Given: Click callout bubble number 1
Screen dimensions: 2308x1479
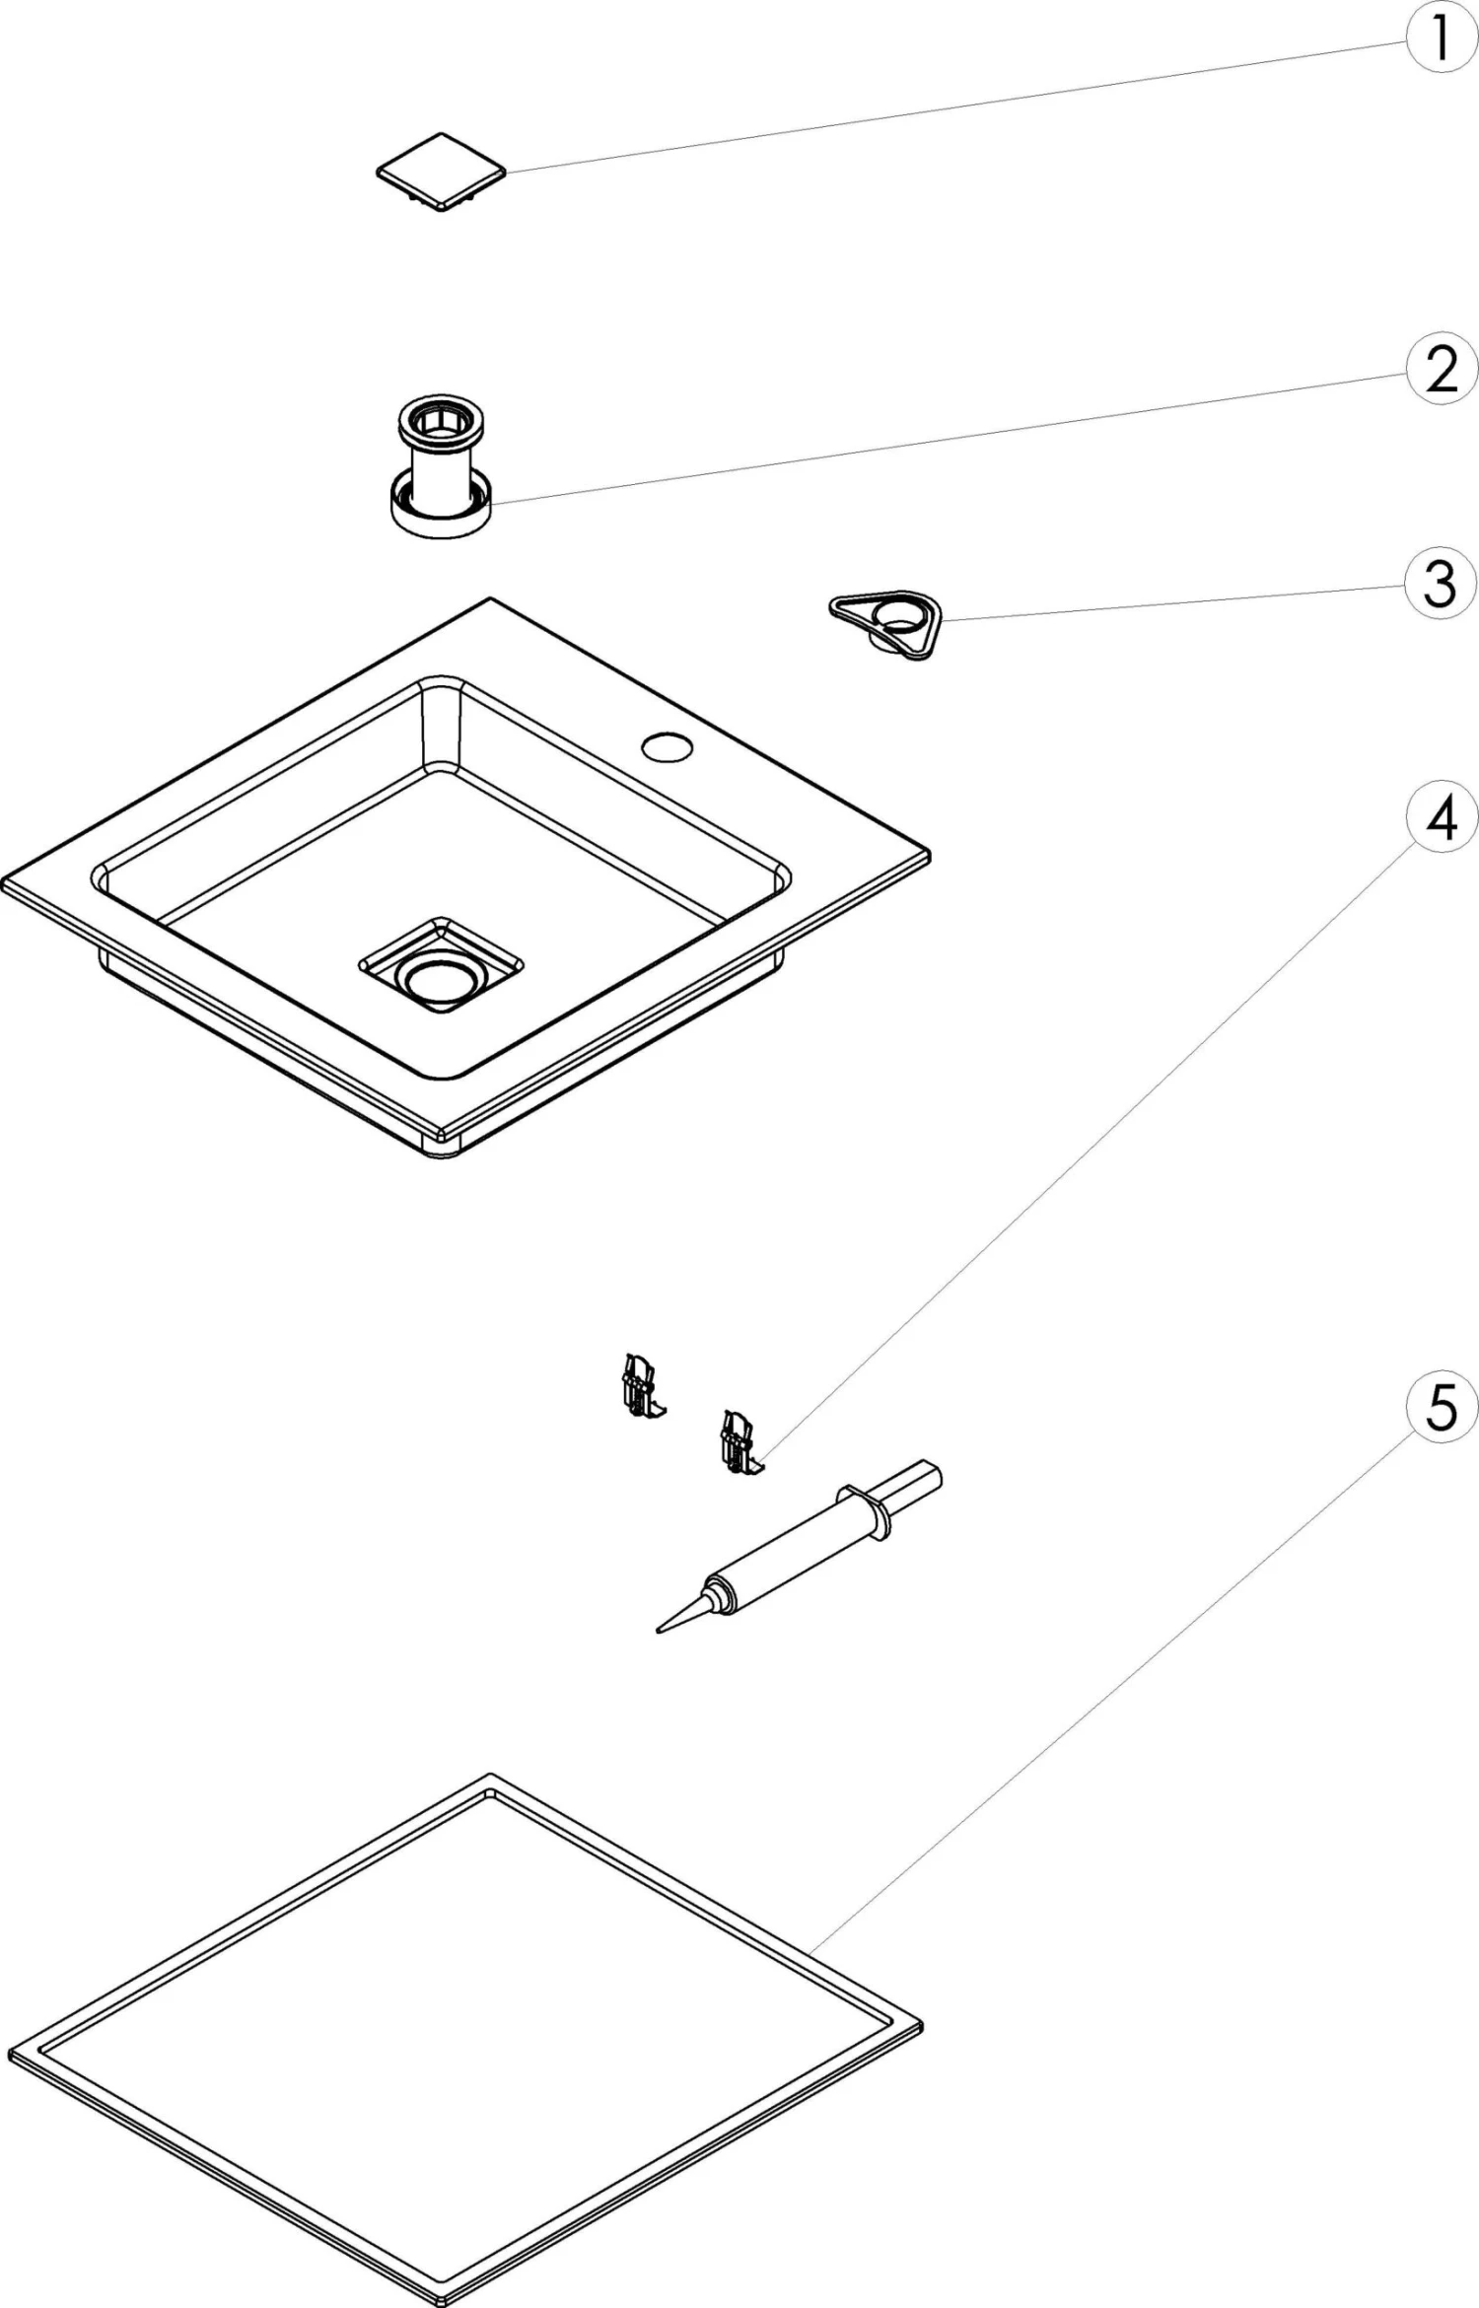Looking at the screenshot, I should [1441, 39].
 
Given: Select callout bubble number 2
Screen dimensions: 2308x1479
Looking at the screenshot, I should [1441, 370].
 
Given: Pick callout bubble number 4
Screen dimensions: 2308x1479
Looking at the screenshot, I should [1441, 817].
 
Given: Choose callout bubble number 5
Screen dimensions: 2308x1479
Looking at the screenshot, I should [1441, 1407].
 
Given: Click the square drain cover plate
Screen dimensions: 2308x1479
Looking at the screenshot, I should [442, 172].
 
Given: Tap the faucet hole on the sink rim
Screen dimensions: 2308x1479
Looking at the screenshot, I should [668, 746].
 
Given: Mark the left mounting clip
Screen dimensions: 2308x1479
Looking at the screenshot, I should [639, 1386].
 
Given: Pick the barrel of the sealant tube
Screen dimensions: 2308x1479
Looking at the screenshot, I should [789, 1556].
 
